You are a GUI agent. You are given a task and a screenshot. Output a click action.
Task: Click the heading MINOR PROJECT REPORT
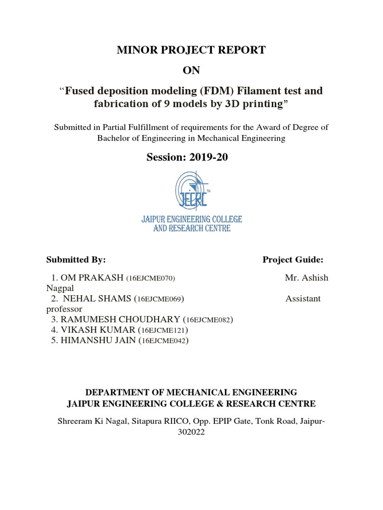[191, 50]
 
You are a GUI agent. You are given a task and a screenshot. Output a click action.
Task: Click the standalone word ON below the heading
[191, 70]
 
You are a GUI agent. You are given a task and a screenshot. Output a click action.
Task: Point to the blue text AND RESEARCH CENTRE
[191, 229]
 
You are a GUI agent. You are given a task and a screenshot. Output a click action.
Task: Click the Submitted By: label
[76, 259]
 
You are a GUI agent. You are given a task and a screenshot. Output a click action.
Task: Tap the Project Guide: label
[293, 259]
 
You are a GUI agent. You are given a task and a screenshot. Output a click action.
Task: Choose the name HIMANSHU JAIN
[99, 341]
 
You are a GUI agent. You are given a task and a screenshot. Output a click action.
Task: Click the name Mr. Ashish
[307, 278]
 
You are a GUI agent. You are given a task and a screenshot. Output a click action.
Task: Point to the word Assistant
[303, 299]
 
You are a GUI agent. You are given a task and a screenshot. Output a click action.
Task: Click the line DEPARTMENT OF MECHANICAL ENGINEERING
[191, 392]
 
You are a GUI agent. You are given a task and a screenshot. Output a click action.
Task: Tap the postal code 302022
[191, 433]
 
